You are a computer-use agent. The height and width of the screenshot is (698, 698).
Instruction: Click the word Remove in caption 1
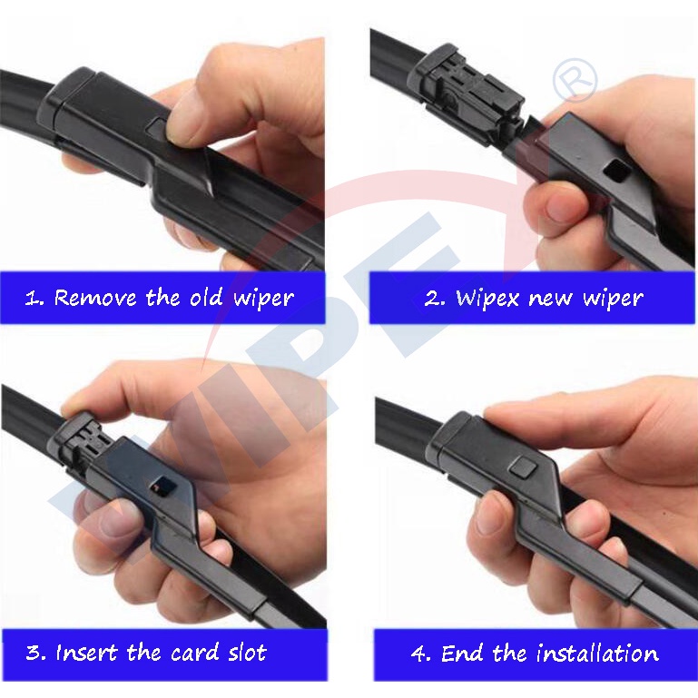tap(95, 298)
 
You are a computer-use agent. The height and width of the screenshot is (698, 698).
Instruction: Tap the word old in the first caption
tap(206, 297)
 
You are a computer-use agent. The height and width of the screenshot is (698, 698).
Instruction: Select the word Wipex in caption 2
tap(487, 298)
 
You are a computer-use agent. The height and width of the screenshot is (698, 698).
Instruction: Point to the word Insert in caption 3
tap(87, 653)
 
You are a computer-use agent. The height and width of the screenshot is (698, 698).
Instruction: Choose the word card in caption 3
tap(194, 652)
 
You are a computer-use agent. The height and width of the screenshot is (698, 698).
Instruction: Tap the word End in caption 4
tap(462, 654)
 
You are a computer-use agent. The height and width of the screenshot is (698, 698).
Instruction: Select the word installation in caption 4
tap(597, 654)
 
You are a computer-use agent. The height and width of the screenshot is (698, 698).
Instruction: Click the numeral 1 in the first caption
tap(32, 298)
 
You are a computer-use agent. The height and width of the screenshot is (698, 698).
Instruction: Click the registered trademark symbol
tap(575, 81)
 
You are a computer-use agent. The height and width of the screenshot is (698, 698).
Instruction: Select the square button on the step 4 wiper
tap(523, 466)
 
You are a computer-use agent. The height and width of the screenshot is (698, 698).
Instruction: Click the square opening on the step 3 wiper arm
tap(161, 486)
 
